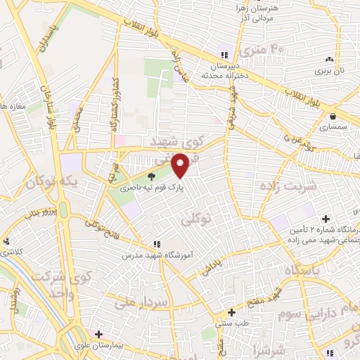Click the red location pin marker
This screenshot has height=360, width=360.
click(x=181, y=165)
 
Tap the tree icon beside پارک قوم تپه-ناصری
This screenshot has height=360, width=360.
click(x=153, y=178)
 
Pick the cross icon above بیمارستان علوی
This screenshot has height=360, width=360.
click(x=99, y=334)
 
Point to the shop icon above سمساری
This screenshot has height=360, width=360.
click(x=330, y=117)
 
